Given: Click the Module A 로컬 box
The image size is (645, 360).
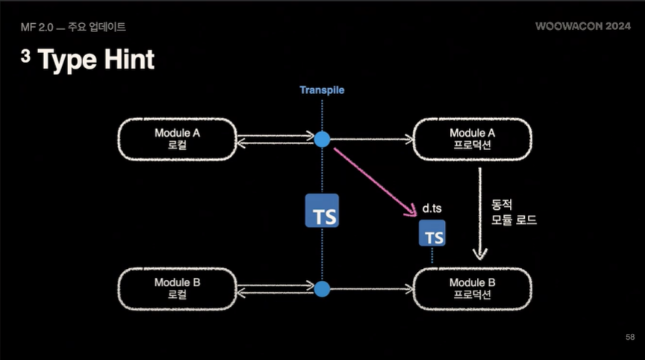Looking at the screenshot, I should click(x=177, y=138).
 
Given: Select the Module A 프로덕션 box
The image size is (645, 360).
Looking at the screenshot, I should click(x=473, y=138).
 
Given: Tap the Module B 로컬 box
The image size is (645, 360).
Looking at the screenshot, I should click(x=177, y=288).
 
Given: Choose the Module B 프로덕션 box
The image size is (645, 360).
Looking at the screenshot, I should click(x=473, y=288).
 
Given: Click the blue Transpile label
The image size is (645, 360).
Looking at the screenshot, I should click(x=322, y=90).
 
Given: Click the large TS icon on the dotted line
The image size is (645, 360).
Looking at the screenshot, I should click(x=322, y=211).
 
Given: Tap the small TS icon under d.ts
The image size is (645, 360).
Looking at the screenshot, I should click(x=432, y=234).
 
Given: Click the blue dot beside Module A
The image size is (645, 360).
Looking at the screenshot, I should click(x=322, y=139).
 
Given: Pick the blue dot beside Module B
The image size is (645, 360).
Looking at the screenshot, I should click(x=322, y=288).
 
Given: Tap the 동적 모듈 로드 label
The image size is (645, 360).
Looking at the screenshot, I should click(x=514, y=212).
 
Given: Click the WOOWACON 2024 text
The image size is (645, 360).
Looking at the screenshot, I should click(x=582, y=26).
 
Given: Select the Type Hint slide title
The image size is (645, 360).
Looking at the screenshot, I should click(x=96, y=60).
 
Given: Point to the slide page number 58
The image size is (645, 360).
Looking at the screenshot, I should click(x=629, y=338).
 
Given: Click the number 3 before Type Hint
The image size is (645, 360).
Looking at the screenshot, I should click(x=25, y=57).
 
